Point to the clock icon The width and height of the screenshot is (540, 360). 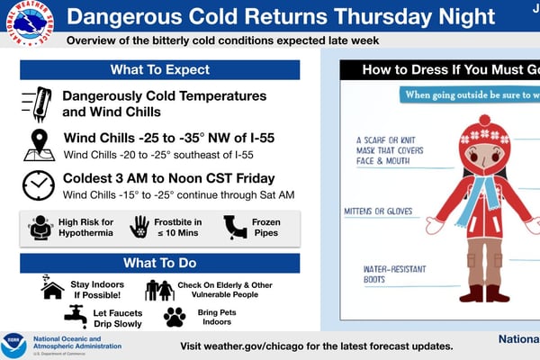pyautogui.click(x=38, y=185)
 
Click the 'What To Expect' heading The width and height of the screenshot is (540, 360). pyautogui.click(x=159, y=70)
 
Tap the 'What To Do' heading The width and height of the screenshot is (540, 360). pyautogui.click(x=159, y=263)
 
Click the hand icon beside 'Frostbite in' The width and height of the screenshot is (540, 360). pyautogui.click(x=139, y=227)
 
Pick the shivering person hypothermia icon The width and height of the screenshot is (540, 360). pyautogui.click(x=42, y=227)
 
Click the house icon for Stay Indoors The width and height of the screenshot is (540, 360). pyautogui.click(x=52, y=287)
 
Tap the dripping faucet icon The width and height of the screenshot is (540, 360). pyautogui.click(x=76, y=315)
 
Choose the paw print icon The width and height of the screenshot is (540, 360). pyautogui.click(x=174, y=316)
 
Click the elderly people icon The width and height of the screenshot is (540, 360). pyautogui.click(x=159, y=289)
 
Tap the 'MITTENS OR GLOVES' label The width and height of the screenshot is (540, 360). pyautogui.click(x=378, y=211)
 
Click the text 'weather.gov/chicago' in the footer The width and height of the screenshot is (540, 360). pyautogui.click(x=261, y=346)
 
